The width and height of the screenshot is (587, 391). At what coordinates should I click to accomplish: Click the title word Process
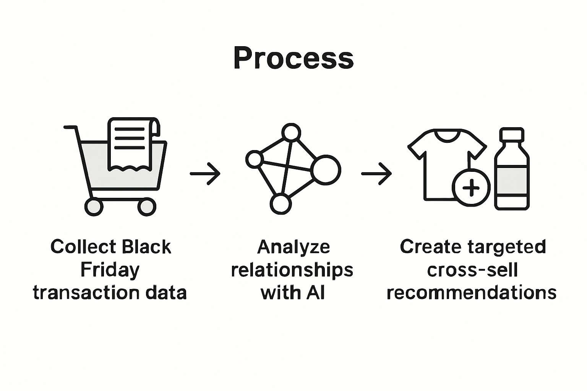293,58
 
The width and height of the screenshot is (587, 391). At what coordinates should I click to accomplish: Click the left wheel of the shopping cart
94,207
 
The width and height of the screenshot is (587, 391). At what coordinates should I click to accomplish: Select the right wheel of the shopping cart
146,207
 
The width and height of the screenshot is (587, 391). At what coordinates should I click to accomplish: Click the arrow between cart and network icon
205,174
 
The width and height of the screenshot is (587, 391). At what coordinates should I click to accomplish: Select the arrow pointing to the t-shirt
376,174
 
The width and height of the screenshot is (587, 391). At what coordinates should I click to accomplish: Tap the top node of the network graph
291,132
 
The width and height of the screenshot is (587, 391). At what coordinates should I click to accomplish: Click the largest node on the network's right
325,170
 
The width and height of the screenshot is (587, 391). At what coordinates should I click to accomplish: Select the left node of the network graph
254,159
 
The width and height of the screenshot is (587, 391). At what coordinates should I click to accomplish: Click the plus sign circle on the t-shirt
471,187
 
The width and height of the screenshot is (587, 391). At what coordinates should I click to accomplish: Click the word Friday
110,270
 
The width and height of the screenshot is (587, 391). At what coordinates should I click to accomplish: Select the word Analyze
293,247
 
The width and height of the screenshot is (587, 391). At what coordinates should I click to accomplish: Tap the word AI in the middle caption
315,293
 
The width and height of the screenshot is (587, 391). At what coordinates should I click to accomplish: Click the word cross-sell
472,270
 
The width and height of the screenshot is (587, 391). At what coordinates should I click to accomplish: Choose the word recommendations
472,293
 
